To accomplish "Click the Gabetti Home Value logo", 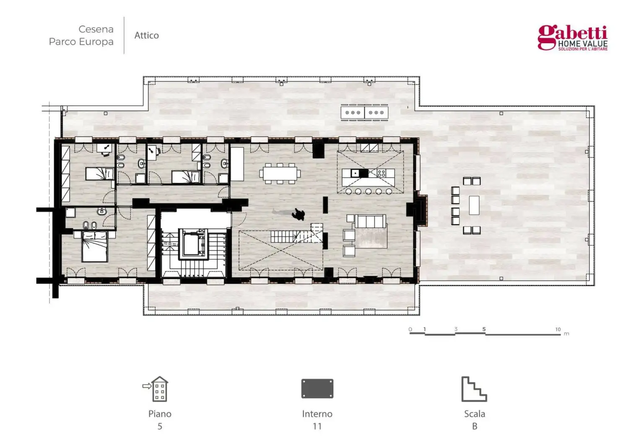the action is coord(573,38).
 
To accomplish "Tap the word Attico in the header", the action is coord(147,35).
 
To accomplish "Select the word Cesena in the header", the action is coord(96,29).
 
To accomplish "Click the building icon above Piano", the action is coord(156,389).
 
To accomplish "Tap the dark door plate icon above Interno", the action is coord(317,388).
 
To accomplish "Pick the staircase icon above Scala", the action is coord(474,389).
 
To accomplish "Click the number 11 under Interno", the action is coord(317,426).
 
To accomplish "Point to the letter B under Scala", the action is coord(475,426).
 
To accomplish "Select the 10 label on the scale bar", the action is coord(558,329).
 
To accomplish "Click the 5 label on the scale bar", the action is coord(484,329).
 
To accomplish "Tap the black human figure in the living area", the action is coord(299,214).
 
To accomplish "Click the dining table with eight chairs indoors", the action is coord(280,173).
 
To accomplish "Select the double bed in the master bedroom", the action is coord(95,246).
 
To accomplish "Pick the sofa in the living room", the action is coord(371,222).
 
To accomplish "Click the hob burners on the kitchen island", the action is coord(382,173).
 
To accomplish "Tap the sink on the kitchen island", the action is coord(355,173).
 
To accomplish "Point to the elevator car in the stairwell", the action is coord(193,244).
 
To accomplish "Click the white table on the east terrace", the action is coord(474,205).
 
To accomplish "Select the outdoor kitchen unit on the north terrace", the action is coord(364,113).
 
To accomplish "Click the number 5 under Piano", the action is coord(160,426).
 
